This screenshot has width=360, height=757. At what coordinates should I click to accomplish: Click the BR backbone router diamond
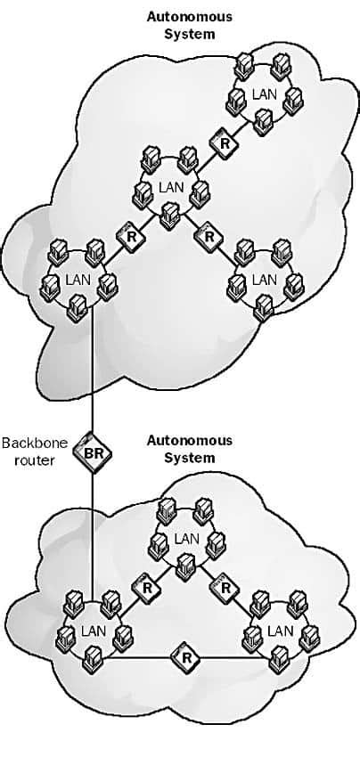[x=93, y=454]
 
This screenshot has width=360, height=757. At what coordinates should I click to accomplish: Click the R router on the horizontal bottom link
[x=186, y=658]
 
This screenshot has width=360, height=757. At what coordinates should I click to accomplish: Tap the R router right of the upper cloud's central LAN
[x=209, y=237]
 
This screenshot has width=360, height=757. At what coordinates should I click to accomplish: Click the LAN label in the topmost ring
[x=264, y=93]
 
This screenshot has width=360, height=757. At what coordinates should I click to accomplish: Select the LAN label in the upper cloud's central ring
[x=170, y=186]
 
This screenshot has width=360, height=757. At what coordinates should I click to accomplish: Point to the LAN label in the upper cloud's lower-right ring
[x=264, y=279]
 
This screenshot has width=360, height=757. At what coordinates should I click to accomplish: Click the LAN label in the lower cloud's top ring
[x=186, y=538]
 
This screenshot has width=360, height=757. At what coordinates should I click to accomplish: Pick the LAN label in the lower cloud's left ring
[x=93, y=631]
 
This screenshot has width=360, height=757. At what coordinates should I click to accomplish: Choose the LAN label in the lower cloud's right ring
[x=280, y=631]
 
